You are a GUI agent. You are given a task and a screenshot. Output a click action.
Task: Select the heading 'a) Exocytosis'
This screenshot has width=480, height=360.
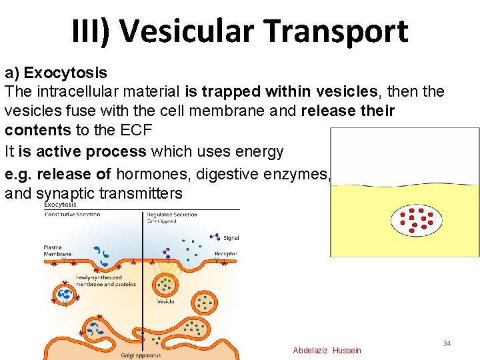pos(56,72)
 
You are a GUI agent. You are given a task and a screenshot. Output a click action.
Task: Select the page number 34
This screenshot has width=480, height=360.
pos(447,343)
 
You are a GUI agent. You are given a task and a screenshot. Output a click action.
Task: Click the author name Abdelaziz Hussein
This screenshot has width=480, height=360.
pos(327,351)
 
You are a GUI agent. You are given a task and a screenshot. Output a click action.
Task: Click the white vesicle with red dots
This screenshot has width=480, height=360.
pos(418,221)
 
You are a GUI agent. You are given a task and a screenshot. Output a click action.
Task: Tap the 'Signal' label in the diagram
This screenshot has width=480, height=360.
pos(231,238)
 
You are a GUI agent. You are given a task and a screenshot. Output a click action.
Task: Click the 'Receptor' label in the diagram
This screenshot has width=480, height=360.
pos(227,254)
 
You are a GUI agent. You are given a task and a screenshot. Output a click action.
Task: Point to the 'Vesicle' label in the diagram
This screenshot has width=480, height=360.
pos(166,301)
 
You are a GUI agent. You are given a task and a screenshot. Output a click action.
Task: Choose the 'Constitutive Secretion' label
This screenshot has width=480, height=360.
pos(72,215)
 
